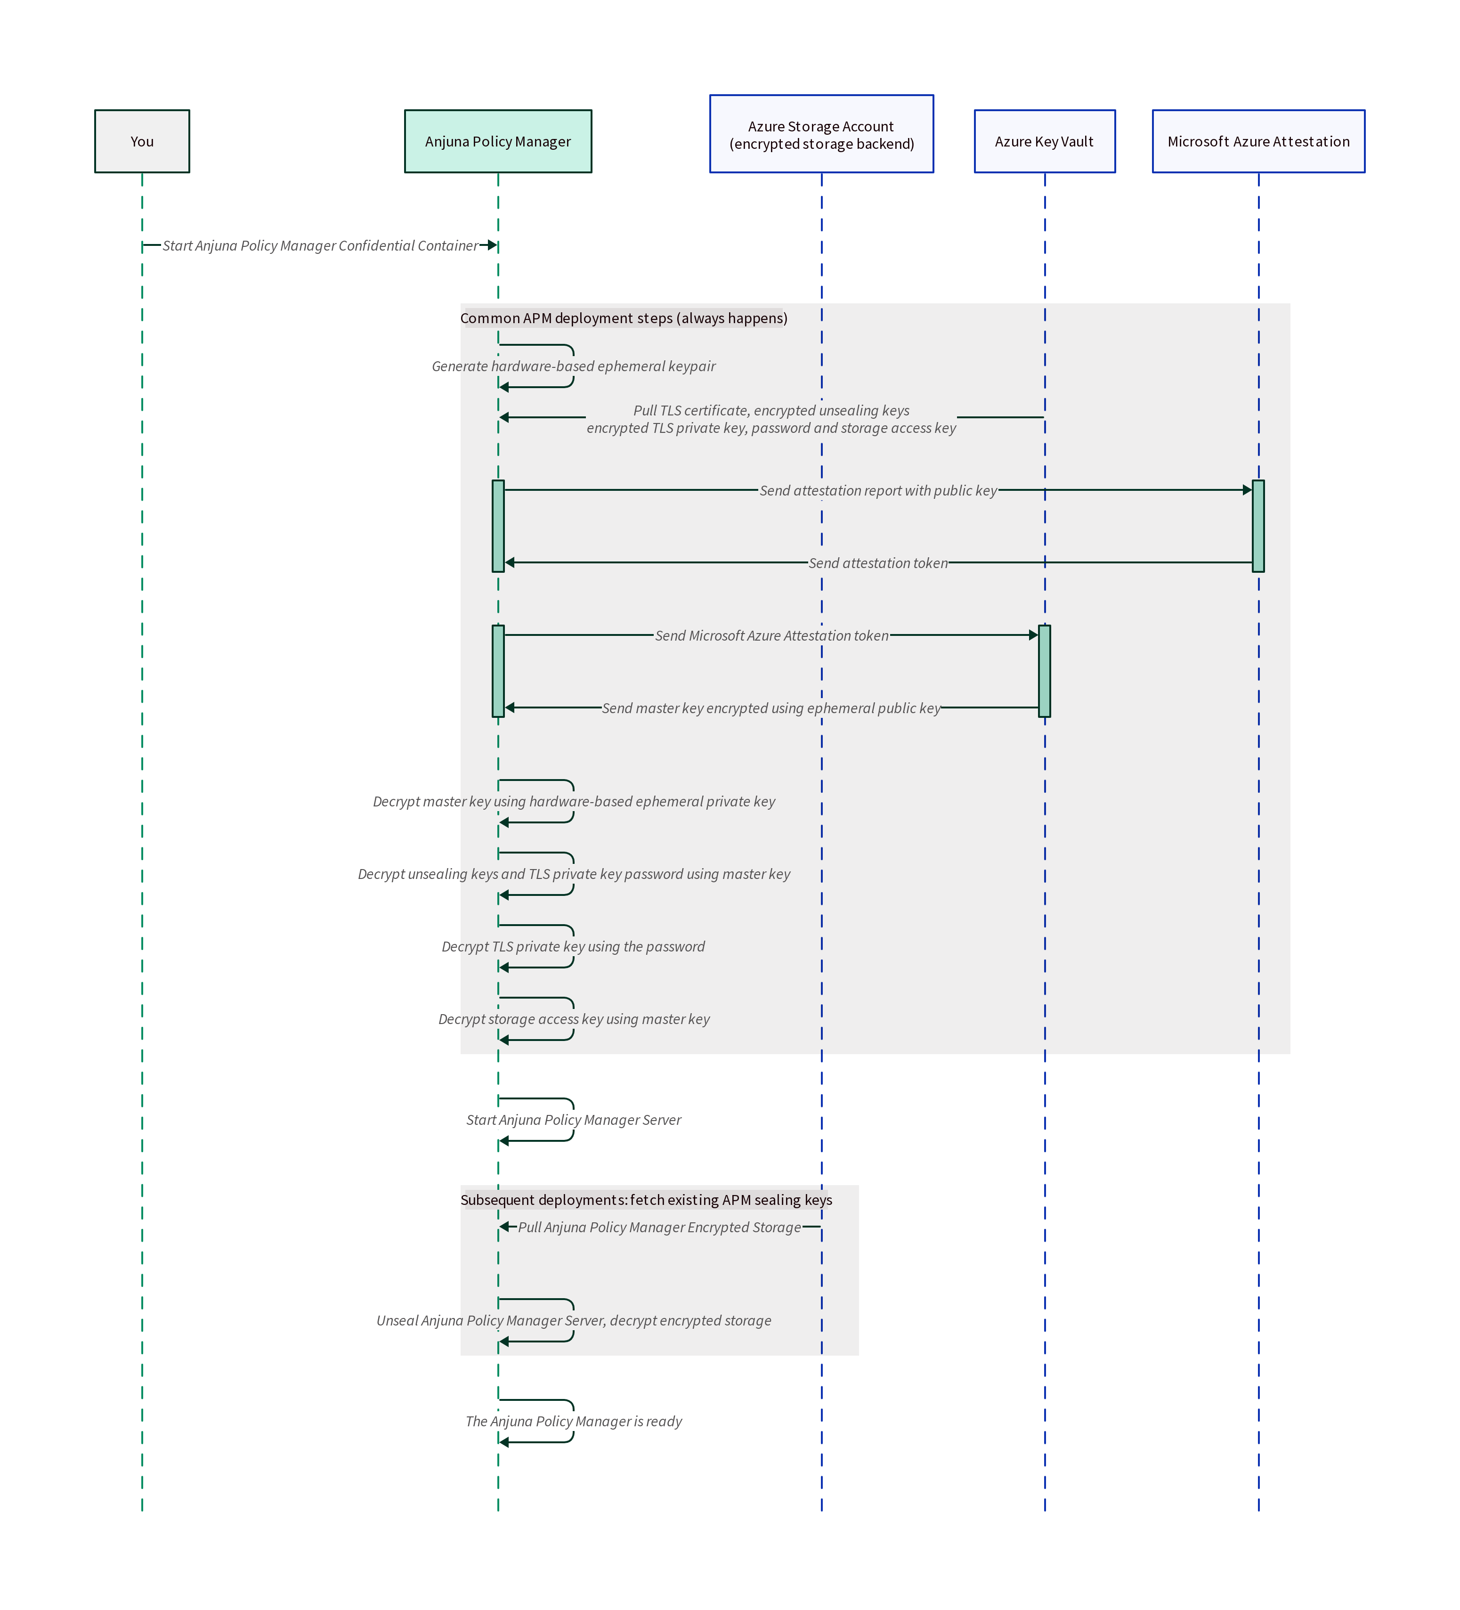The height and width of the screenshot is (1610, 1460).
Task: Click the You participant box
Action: point(142,141)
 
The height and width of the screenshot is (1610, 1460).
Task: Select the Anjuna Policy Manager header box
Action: point(498,141)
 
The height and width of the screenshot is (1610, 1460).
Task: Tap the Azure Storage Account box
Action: point(821,134)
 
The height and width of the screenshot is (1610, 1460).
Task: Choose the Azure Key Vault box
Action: point(1044,141)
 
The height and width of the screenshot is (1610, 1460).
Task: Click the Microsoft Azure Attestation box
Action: point(1258,141)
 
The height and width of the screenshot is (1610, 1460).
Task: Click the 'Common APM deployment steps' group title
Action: point(623,318)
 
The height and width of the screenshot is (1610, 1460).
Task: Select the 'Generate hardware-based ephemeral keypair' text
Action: point(574,366)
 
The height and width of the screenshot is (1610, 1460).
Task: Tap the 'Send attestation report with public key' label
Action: point(878,490)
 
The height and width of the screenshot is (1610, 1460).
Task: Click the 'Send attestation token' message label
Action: point(878,563)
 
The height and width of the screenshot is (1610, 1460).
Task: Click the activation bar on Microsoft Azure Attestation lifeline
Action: point(1258,526)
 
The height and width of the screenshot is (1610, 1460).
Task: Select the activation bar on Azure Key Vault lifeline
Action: point(1044,671)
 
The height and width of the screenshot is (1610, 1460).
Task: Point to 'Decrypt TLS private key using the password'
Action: point(574,946)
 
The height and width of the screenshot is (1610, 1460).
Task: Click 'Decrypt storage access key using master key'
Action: point(574,1019)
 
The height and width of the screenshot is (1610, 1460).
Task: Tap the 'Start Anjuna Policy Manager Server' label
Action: point(574,1120)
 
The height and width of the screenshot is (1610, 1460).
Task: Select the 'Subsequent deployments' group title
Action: point(646,1200)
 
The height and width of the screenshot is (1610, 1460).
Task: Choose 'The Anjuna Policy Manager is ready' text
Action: point(574,1422)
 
